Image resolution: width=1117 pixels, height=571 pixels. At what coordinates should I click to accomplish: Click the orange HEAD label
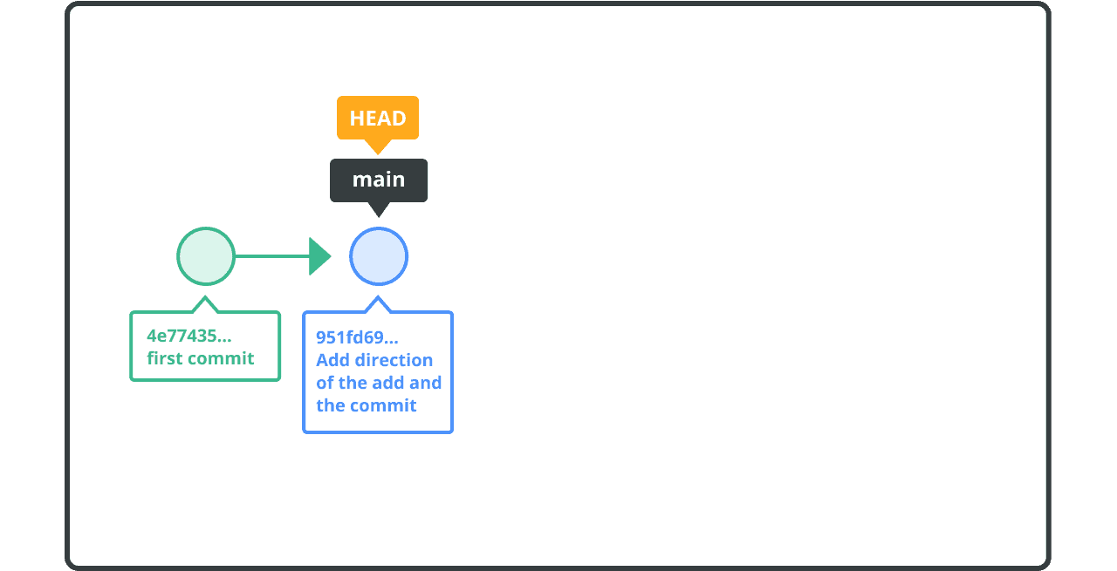pyautogui.click(x=378, y=118)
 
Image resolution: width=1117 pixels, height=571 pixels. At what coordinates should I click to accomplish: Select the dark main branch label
pyautogui.click(x=379, y=180)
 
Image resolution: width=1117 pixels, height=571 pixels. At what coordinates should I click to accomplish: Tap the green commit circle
pyautogui.click(x=206, y=256)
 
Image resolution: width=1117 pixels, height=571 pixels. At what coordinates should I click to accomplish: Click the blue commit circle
pyautogui.click(x=379, y=256)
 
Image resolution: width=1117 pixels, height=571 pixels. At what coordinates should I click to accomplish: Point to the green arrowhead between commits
pyautogui.click(x=319, y=256)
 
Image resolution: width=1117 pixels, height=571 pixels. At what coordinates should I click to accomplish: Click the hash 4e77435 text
pyautogui.click(x=189, y=336)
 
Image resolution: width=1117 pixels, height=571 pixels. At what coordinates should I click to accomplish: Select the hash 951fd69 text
pyautogui.click(x=357, y=337)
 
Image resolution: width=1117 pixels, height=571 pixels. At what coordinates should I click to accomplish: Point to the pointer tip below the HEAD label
pyautogui.click(x=378, y=154)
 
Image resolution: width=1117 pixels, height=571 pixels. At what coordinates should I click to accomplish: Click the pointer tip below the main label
pyautogui.click(x=379, y=217)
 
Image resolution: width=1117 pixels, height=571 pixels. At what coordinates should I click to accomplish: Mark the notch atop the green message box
pyautogui.click(x=205, y=297)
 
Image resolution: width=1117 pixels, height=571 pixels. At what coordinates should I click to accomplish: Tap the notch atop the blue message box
pyautogui.click(x=378, y=297)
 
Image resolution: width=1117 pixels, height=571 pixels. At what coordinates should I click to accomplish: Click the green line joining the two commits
pyautogui.click(x=272, y=256)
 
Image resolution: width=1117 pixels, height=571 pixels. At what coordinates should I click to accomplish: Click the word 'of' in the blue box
pyautogui.click(x=326, y=383)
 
